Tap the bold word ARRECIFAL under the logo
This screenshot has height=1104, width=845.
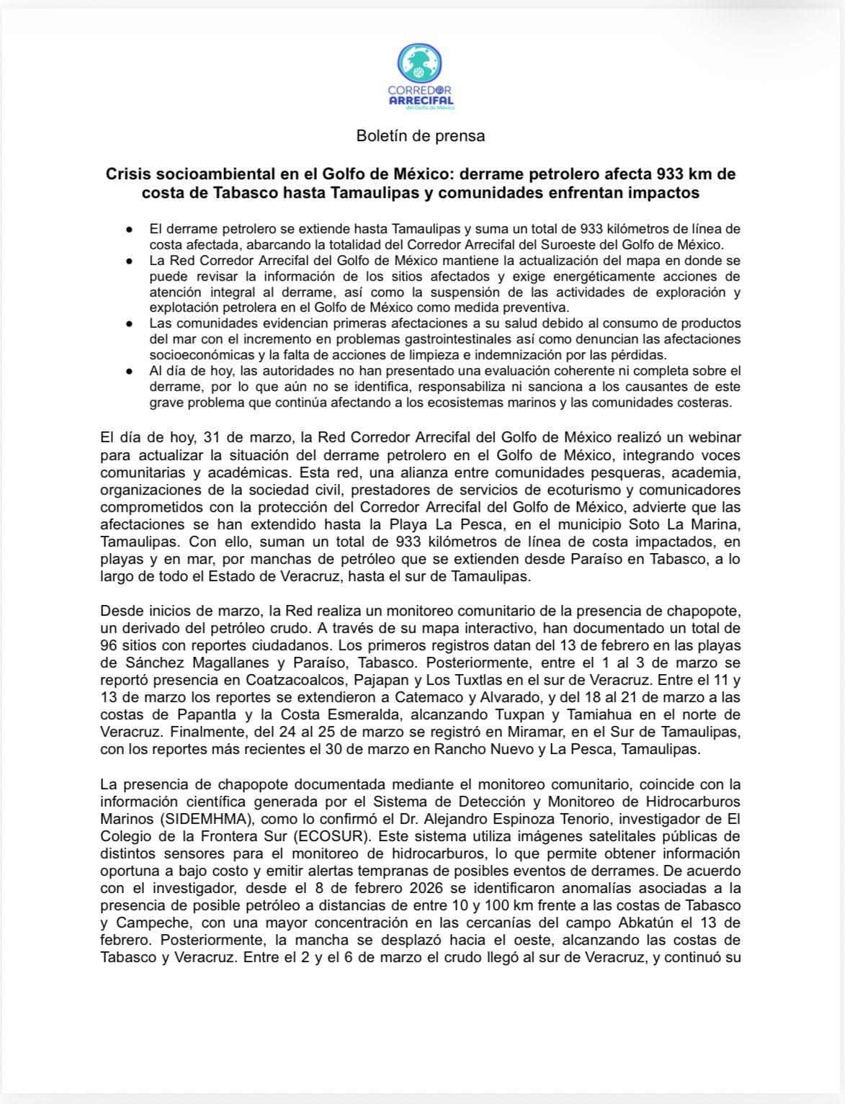pos(421,100)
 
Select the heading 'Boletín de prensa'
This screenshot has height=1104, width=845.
pos(421,135)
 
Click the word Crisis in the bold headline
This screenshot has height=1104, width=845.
pos(130,174)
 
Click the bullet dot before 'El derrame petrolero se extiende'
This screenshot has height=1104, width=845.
pos(128,229)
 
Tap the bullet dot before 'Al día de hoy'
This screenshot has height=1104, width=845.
pos(128,371)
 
